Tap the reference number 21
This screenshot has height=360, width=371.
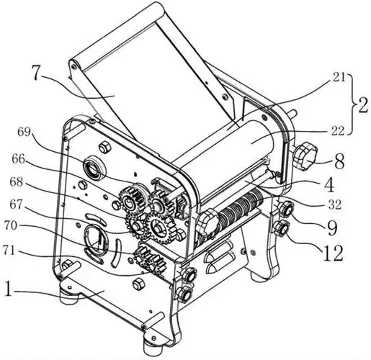tap(337, 78)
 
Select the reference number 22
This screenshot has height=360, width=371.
tap(337, 131)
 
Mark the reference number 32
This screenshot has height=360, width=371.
tap(334, 204)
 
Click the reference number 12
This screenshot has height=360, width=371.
tap(334, 253)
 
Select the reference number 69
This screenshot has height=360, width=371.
tap(24, 132)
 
